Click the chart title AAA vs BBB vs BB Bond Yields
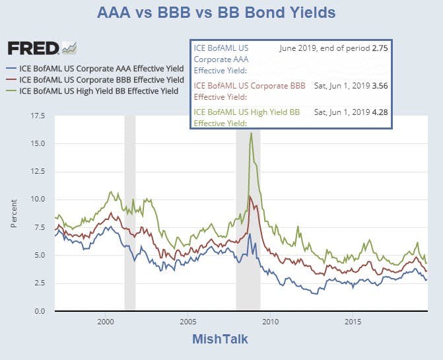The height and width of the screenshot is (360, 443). pos(216,13)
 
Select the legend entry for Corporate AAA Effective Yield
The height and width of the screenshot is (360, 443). pos(92,68)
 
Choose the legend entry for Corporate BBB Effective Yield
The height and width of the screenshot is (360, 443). pos(92,79)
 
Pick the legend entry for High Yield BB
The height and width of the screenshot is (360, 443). pos(92,90)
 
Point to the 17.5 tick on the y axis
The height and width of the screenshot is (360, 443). pos(38,116)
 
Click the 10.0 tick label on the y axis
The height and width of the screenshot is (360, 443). pos(38,199)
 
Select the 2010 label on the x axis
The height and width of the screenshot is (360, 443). pos(270,322)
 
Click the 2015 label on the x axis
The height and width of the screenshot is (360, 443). pos(353,322)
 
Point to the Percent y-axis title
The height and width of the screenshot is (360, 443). pos(14,213)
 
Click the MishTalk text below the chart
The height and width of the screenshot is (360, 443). pos(220,339)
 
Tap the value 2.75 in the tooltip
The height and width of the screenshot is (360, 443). pos(379,48)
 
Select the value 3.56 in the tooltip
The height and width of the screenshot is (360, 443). pos(379,85)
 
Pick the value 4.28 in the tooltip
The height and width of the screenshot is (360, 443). pos(379,112)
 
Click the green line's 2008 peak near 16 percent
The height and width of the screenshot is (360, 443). pos(251,133)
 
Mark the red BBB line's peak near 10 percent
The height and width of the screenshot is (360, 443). pos(249,196)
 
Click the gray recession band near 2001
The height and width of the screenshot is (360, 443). pos(130,211)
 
